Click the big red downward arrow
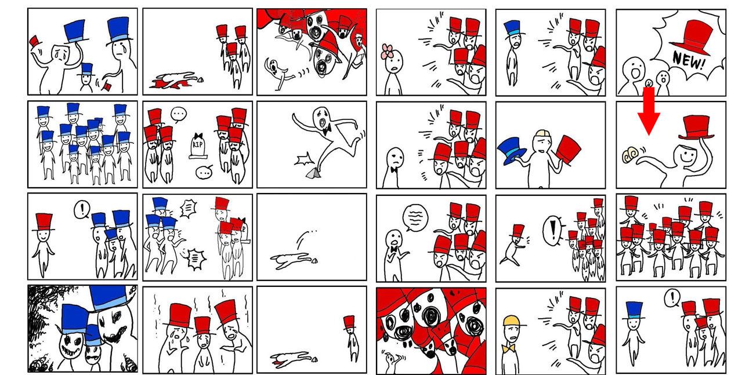[649, 111]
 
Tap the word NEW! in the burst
[689, 61]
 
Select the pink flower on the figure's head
[388, 52]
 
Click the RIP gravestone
[198, 146]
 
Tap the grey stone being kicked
[313, 173]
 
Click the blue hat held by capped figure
[511, 151]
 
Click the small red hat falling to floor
[106, 86]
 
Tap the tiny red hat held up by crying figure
[34, 41]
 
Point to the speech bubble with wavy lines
[415, 217]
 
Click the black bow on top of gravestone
[198, 136]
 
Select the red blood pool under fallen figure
[169, 83]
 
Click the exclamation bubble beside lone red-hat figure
[82, 209]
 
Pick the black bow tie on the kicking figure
[327, 130]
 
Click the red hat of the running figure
[518, 231]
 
